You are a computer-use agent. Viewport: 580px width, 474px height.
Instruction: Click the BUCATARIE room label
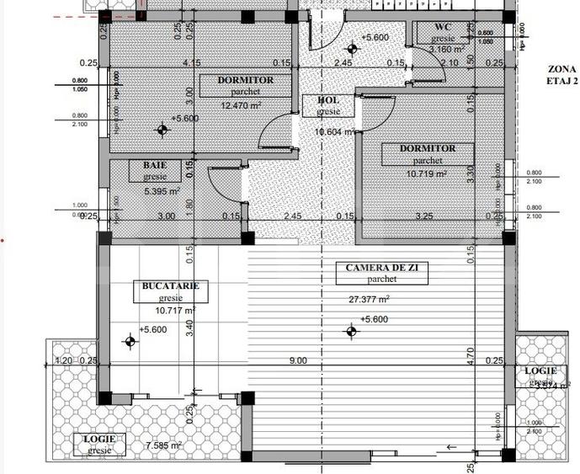[171, 286]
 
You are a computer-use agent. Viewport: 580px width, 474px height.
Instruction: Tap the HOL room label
[328, 100]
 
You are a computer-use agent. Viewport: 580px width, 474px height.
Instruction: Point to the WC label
[443, 28]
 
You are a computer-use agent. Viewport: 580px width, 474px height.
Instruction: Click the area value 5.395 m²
[162, 191]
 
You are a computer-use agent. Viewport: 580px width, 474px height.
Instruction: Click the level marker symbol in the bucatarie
[130, 342]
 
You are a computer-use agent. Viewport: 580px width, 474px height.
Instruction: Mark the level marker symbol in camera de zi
[347, 332]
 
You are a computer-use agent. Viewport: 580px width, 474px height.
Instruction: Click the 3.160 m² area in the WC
[446, 49]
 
